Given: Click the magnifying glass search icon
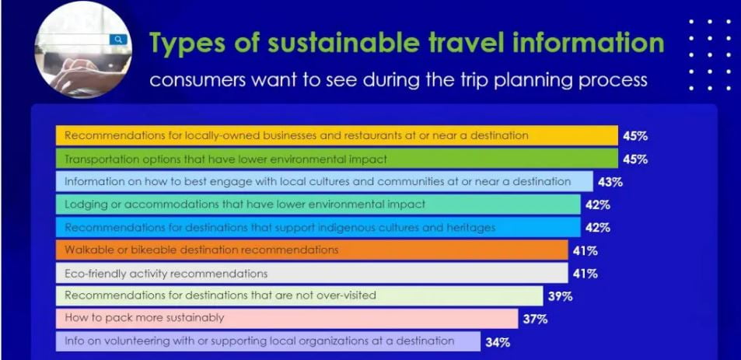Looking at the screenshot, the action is (118, 39).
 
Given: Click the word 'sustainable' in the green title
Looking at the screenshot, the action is (343, 43).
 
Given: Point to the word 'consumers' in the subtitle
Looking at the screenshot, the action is (197, 80).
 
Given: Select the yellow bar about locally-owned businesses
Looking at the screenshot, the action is (337, 135).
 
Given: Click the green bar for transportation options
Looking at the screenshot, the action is (337, 159).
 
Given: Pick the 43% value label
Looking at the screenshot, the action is (610, 182).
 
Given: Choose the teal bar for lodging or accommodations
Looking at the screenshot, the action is (318, 204).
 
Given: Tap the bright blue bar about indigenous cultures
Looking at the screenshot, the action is (318, 227).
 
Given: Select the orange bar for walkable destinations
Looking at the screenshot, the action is (312, 250).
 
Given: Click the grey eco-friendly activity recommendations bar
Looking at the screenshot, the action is (312, 273).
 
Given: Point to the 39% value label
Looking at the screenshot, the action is (561, 297).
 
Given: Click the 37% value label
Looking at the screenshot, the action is (536, 320).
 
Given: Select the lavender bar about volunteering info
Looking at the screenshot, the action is (268, 341).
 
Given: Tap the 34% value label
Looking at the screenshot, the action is (498, 343).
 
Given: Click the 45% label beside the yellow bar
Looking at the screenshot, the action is (635, 136).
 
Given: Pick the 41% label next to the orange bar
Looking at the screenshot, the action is (585, 251).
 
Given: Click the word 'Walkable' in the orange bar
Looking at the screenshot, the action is (85, 250).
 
